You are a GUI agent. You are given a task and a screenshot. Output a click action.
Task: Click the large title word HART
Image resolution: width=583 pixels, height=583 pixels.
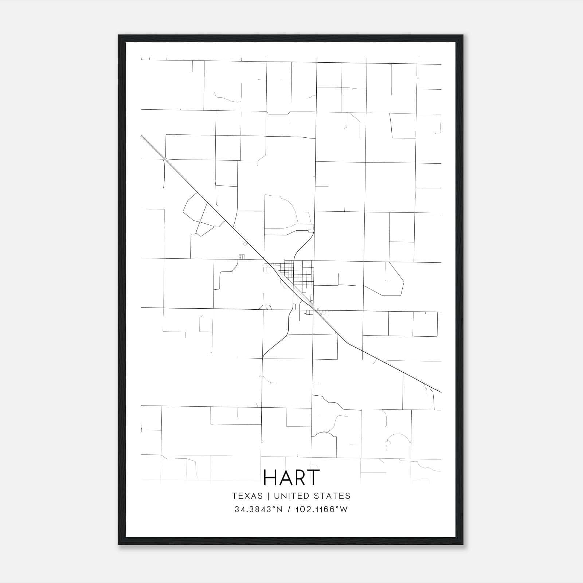pos(291,477)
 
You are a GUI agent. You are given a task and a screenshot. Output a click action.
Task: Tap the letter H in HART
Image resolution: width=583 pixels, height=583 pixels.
pos(270,477)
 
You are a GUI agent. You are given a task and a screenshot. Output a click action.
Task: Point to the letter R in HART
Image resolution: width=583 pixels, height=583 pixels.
pos(300,477)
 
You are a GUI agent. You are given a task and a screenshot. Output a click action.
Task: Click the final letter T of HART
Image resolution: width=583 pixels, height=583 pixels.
pos(313,477)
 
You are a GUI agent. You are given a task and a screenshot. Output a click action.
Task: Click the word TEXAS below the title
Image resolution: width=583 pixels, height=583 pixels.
pos(247,496)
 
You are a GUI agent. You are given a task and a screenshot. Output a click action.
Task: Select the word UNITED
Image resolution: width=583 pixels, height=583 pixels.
pos(290,496)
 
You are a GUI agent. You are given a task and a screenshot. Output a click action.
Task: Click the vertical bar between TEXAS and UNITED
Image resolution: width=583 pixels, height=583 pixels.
pos(268,496)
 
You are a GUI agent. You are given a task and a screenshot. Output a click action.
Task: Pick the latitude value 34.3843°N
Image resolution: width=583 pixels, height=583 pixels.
pos(259,509)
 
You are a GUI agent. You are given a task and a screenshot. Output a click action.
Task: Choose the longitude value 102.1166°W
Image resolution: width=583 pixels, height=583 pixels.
pos(322,509)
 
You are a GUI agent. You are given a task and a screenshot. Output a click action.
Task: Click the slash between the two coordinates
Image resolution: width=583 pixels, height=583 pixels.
pos(289,509)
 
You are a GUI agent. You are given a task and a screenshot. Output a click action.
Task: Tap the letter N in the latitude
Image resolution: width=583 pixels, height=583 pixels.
pos(280,509)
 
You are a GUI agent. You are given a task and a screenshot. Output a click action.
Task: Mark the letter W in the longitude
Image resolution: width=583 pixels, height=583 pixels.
pos(344,509)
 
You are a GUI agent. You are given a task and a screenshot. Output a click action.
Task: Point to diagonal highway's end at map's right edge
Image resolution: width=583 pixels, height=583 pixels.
pos(441,392)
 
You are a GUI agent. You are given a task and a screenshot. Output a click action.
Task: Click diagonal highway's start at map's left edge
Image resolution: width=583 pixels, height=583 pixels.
pos(141,136)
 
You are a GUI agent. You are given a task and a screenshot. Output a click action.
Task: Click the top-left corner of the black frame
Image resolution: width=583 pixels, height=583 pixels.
pos(119,35)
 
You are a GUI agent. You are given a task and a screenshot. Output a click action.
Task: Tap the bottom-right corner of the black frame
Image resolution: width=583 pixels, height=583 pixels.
pos(463,544)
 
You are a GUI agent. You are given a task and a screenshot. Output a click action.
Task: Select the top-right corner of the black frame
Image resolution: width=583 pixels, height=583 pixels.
pos(463,35)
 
